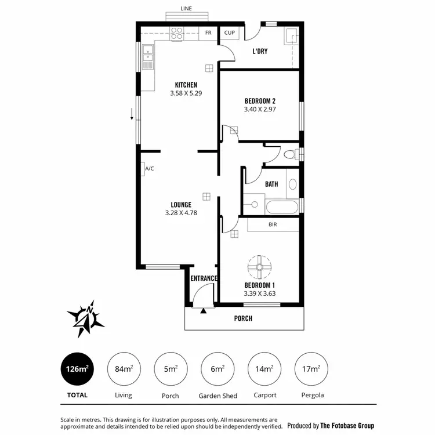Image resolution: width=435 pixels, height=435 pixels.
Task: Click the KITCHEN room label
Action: [186, 85]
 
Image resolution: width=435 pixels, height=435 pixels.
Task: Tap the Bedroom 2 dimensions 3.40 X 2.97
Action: [259, 108]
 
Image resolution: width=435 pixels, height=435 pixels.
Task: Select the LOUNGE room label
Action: [181, 204]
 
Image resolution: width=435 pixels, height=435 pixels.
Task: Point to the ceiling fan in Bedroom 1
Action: [259, 267]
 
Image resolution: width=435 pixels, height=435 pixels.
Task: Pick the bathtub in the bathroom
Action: [281, 206]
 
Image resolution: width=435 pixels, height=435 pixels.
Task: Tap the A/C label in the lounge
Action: [149, 169]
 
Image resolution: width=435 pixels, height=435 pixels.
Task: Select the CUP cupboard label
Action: [230, 33]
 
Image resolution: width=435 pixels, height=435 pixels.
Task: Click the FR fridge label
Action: [208, 33]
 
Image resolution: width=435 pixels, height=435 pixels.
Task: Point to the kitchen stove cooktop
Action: [177, 34]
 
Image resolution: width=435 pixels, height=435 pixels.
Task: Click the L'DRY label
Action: [259, 51]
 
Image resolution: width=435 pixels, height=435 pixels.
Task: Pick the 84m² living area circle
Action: [124, 369]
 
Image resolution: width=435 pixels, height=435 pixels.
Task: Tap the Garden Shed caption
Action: [217, 396]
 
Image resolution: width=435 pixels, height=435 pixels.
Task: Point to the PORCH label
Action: [243, 318]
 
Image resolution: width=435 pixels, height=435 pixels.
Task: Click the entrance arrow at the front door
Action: [204, 311]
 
